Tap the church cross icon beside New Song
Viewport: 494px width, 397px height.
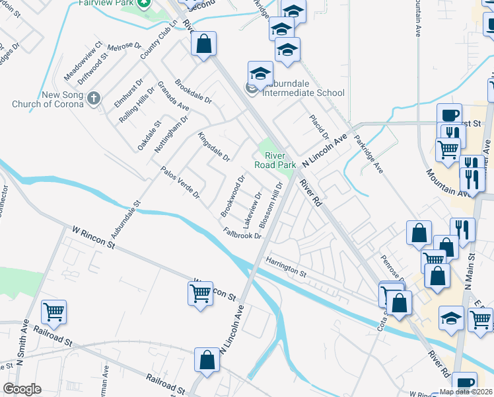tap(94, 99)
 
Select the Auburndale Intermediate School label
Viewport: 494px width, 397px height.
tap(303, 93)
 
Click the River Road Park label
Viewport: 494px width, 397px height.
tap(276, 160)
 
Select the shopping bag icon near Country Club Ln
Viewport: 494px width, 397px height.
tap(204, 44)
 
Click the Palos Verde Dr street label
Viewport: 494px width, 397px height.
tap(180, 183)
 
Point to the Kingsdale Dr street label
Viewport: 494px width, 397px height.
tap(213, 148)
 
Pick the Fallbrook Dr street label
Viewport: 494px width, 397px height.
tap(242, 234)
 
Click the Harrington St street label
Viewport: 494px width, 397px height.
tap(287, 267)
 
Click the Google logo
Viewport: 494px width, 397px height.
tap(22, 389)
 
